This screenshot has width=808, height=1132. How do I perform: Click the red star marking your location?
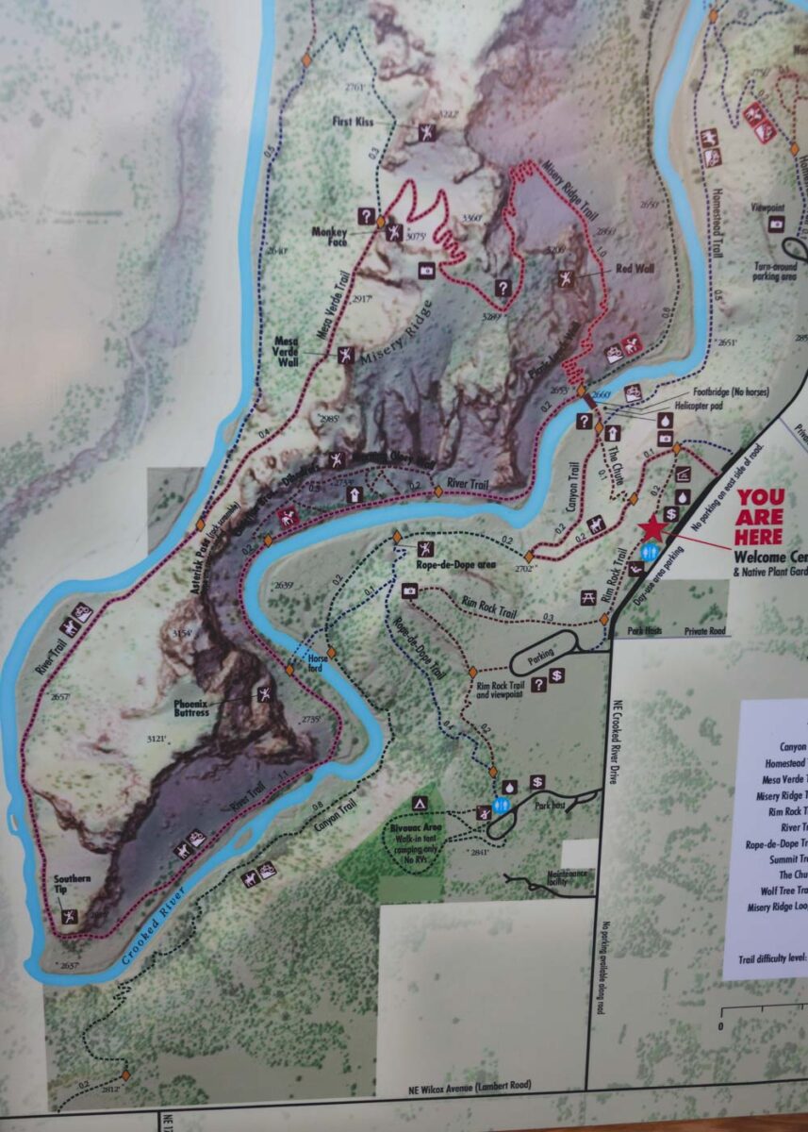[x=651, y=529]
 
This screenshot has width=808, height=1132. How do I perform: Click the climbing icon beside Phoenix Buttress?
[x=264, y=695]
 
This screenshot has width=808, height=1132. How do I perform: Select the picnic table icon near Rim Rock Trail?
[x=587, y=595]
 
